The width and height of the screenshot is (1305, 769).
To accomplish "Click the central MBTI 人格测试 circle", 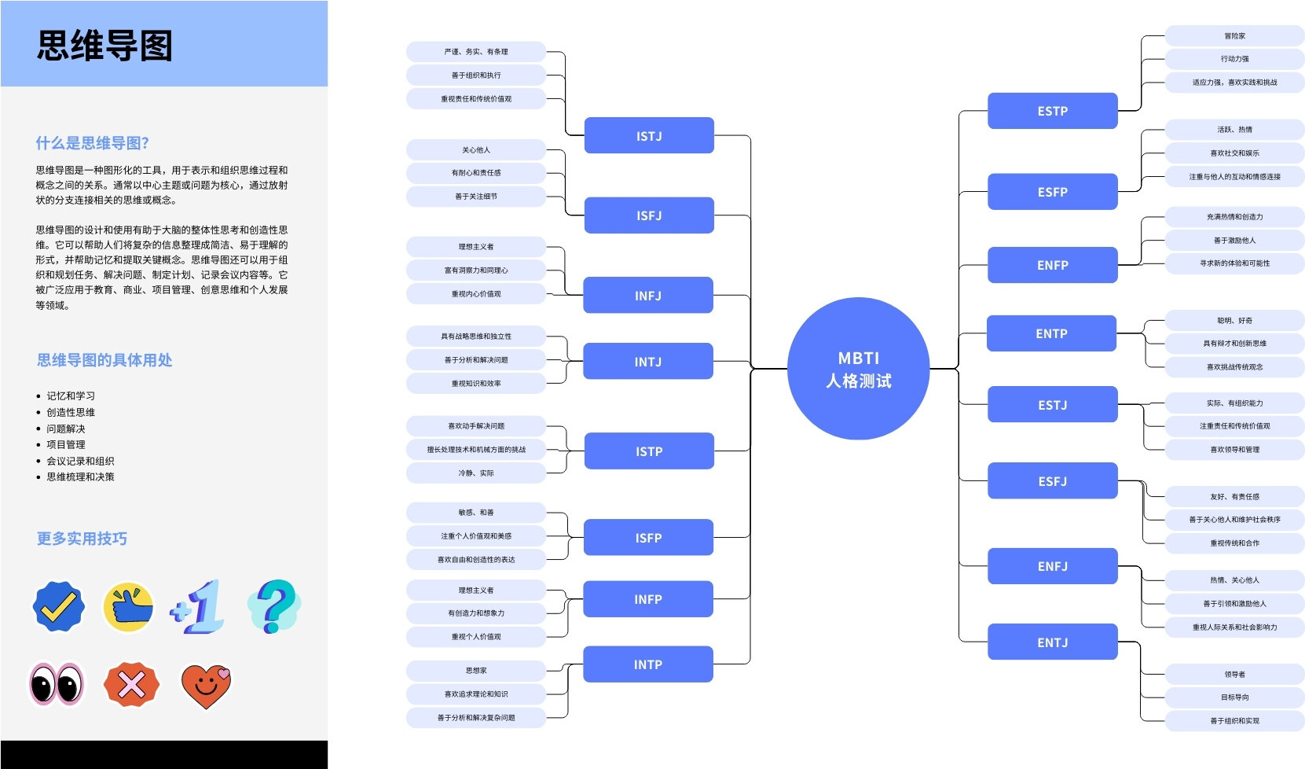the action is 858,369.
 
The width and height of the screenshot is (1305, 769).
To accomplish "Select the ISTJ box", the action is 649,135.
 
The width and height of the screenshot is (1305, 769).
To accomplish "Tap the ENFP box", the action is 1052,265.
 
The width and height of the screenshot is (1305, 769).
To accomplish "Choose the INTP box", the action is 648,664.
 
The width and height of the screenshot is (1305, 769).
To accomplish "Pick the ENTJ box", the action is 1052,642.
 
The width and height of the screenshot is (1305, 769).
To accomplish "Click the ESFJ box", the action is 1052,480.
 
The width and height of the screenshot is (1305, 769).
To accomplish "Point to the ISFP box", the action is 648,537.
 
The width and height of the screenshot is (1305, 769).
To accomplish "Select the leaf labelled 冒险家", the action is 1234,36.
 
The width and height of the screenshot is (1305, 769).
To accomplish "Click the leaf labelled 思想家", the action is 476,671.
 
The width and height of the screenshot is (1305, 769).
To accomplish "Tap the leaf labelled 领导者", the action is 1234,674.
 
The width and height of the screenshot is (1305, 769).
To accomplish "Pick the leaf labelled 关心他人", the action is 476,150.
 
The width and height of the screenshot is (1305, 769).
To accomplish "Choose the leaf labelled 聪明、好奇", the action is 1234,321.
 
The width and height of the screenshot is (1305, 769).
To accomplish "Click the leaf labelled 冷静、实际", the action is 476,473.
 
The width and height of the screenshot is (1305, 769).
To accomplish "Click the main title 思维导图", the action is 104,46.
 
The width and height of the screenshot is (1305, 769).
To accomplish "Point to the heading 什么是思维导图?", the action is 93,143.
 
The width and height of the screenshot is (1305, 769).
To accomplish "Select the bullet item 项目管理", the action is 66,444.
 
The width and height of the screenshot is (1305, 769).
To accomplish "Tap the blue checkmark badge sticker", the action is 58,605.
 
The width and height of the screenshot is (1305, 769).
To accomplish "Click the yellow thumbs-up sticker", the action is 128,606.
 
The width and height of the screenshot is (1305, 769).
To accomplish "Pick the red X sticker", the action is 131,684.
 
